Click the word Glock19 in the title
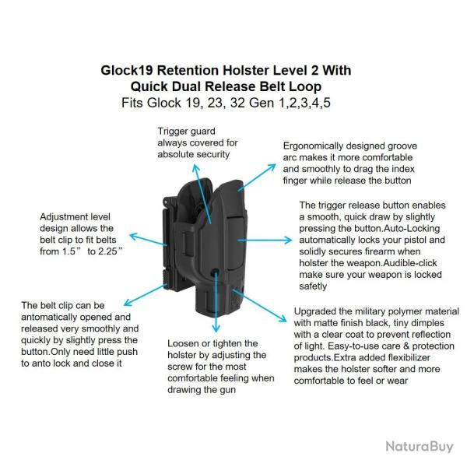[127, 71]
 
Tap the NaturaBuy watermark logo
[420, 447]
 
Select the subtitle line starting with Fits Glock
[226, 103]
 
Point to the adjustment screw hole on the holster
[215, 272]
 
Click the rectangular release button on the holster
[237, 244]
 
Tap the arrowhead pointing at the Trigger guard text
[195, 168]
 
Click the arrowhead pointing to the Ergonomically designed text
[272, 167]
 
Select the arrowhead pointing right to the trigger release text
[288, 240]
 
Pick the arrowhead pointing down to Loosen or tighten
[216, 328]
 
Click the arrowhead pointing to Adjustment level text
[134, 237]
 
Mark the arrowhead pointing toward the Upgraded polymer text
[282, 318]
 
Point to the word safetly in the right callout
[313, 286]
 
